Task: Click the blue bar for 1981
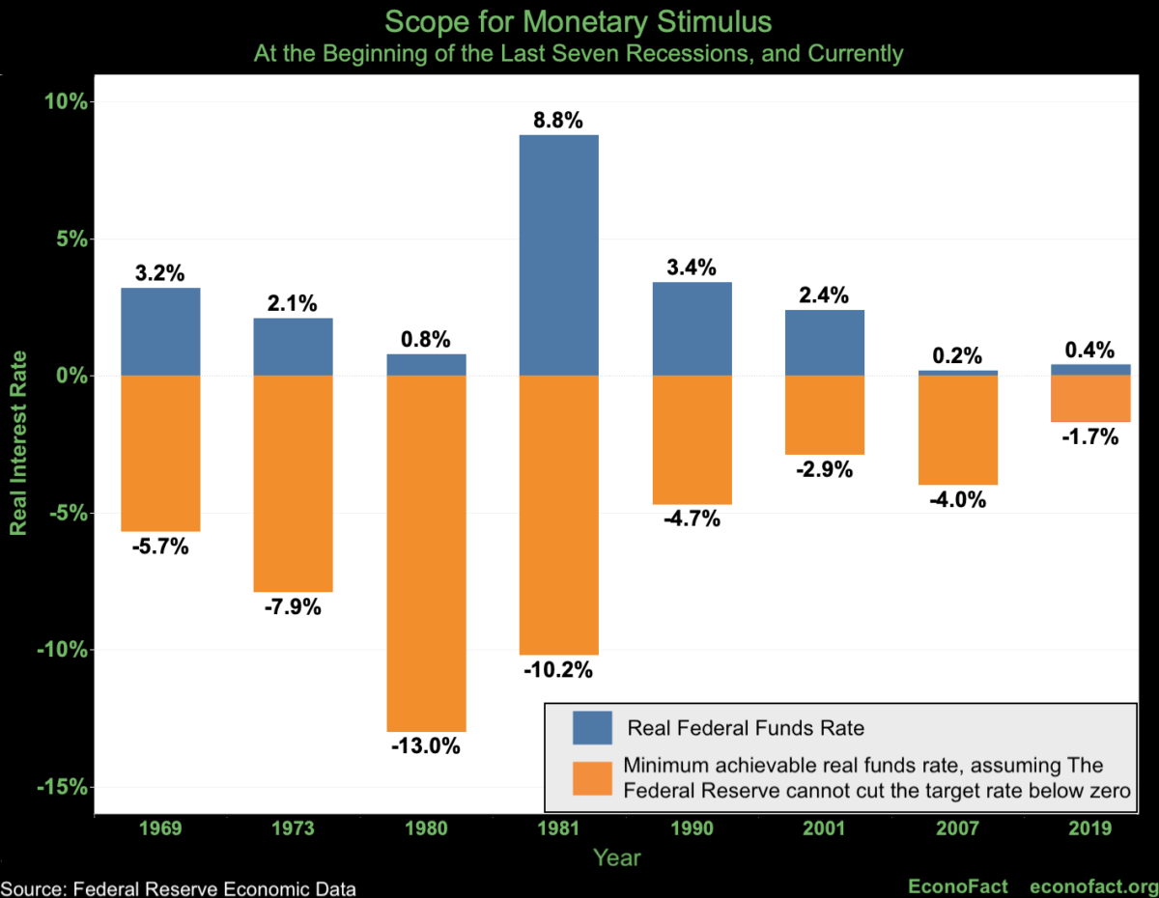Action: [559, 255]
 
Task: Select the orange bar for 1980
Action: [426, 553]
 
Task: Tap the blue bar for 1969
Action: [160, 331]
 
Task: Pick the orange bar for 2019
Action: [1090, 399]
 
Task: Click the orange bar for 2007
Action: [957, 430]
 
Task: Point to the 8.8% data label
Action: [559, 121]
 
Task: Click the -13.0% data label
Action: [426, 746]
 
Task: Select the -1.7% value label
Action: [1090, 437]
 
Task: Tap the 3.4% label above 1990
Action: [693, 267]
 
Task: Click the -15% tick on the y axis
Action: [64, 787]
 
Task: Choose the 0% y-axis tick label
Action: [72, 376]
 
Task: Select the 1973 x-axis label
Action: [293, 828]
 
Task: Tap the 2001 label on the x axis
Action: [824, 828]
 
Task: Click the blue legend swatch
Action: [592, 727]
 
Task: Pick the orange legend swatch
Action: [592, 778]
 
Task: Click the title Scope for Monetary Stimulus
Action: [579, 21]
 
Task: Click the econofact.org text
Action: [1093, 886]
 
